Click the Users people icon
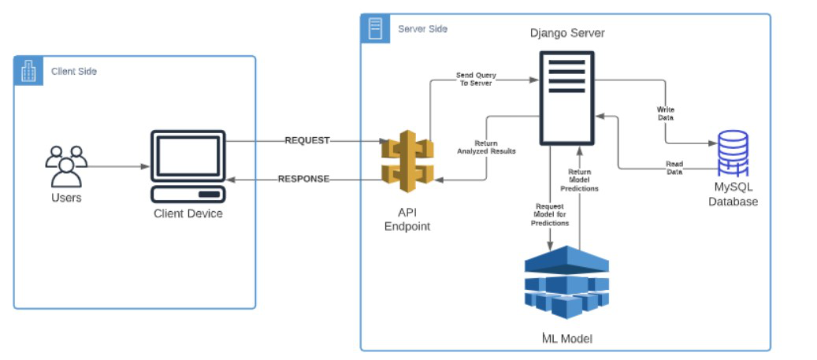coord(66,166)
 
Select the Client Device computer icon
coord(188,166)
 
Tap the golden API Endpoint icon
coord(407,161)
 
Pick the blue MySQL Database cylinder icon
coord(733,154)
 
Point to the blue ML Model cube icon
coord(566,282)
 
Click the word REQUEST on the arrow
coord(307,141)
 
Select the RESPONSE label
coord(304,180)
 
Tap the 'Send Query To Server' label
coord(476,79)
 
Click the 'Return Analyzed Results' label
coord(487,147)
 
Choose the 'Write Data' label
coord(666,114)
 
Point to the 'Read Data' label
coord(674,167)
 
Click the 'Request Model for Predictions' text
coord(550,214)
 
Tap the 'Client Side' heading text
coord(74,72)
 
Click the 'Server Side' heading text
coord(422,29)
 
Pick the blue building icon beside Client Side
coord(28,71)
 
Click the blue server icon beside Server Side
coord(375,28)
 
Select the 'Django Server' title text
coord(567,33)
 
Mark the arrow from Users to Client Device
coord(116,167)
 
